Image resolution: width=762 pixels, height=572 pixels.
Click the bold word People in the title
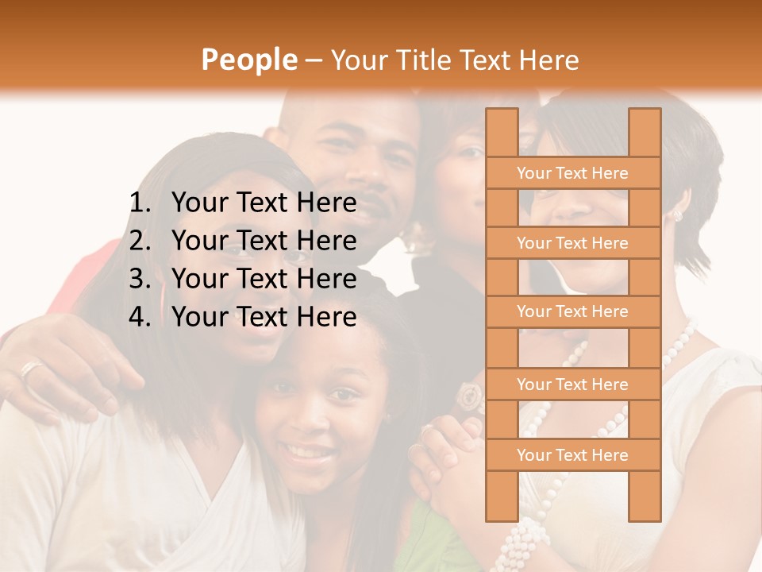click(x=248, y=60)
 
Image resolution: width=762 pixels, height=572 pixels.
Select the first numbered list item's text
click(x=264, y=203)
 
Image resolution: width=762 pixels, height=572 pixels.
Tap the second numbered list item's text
click(x=264, y=241)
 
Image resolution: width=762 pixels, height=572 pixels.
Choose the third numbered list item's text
click(x=264, y=279)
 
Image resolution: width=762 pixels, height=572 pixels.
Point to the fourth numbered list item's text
click(x=264, y=317)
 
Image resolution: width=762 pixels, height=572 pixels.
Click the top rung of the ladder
click(x=573, y=173)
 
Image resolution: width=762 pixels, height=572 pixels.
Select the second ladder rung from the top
click(x=573, y=243)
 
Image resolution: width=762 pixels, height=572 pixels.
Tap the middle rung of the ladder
click(x=573, y=312)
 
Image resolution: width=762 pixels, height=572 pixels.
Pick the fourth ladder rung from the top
click(x=573, y=385)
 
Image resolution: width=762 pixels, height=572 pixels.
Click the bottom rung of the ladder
click(x=573, y=455)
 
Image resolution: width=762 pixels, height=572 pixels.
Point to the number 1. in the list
click(x=140, y=203)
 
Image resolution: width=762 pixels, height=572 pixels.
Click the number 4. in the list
click(x=140, y=317)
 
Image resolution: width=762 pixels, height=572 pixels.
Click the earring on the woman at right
click(x=677, y=215)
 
